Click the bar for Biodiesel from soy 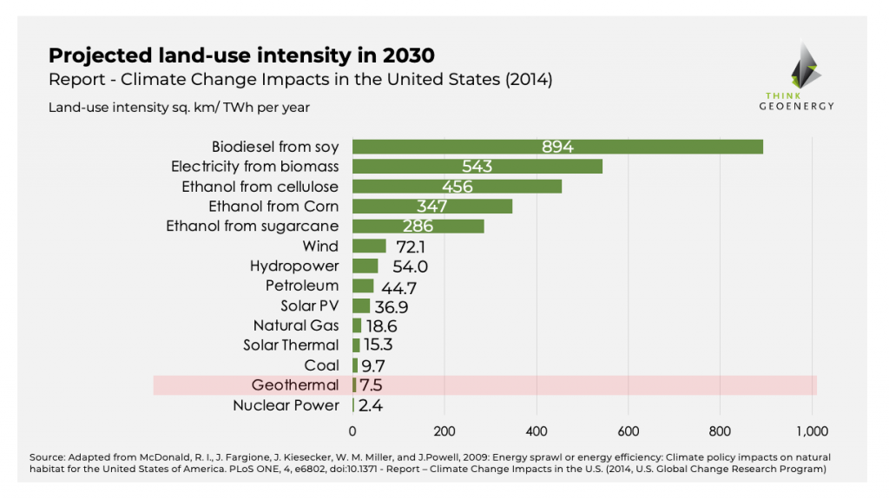point(557,147)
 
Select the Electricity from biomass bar point(477,166)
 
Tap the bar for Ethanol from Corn point(432,207)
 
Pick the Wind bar point(369,246)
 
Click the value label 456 point(457,187)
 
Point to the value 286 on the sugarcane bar point(417,227)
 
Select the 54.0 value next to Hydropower point(410,266)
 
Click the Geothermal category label point(294,385)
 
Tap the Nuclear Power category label point(286,405)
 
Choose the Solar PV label point(309,306)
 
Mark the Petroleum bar point(363,286)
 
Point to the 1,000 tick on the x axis point(813,430)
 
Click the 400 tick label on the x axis point(537,430)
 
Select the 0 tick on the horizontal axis point(352,430)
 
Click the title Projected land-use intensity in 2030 point(241,56)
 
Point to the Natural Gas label point(296,325)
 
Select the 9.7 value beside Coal point(373,366)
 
